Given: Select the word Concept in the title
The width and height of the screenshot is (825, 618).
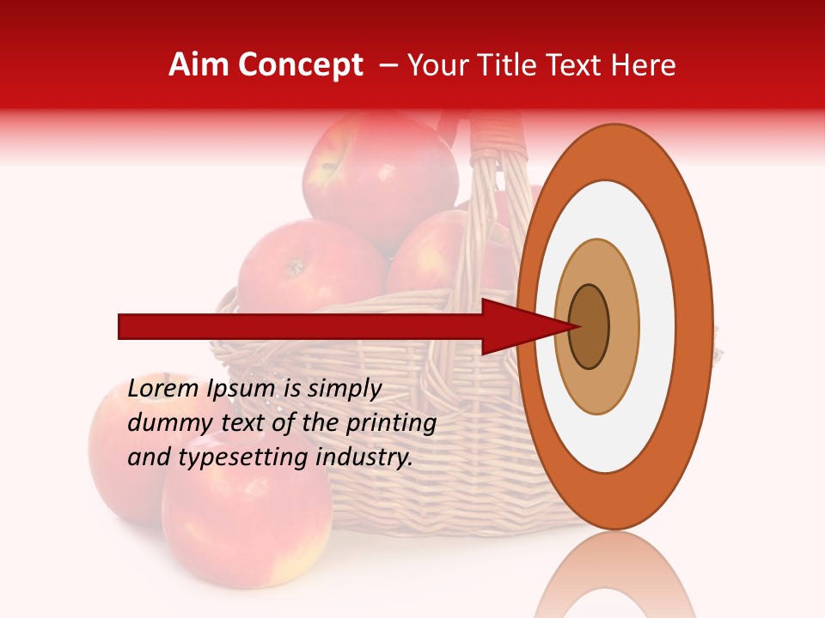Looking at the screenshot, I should click(301, 65).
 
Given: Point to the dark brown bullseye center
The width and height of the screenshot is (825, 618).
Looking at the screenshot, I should click(589, 327).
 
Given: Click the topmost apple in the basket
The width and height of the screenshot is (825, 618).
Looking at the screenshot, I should click(378, 176).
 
